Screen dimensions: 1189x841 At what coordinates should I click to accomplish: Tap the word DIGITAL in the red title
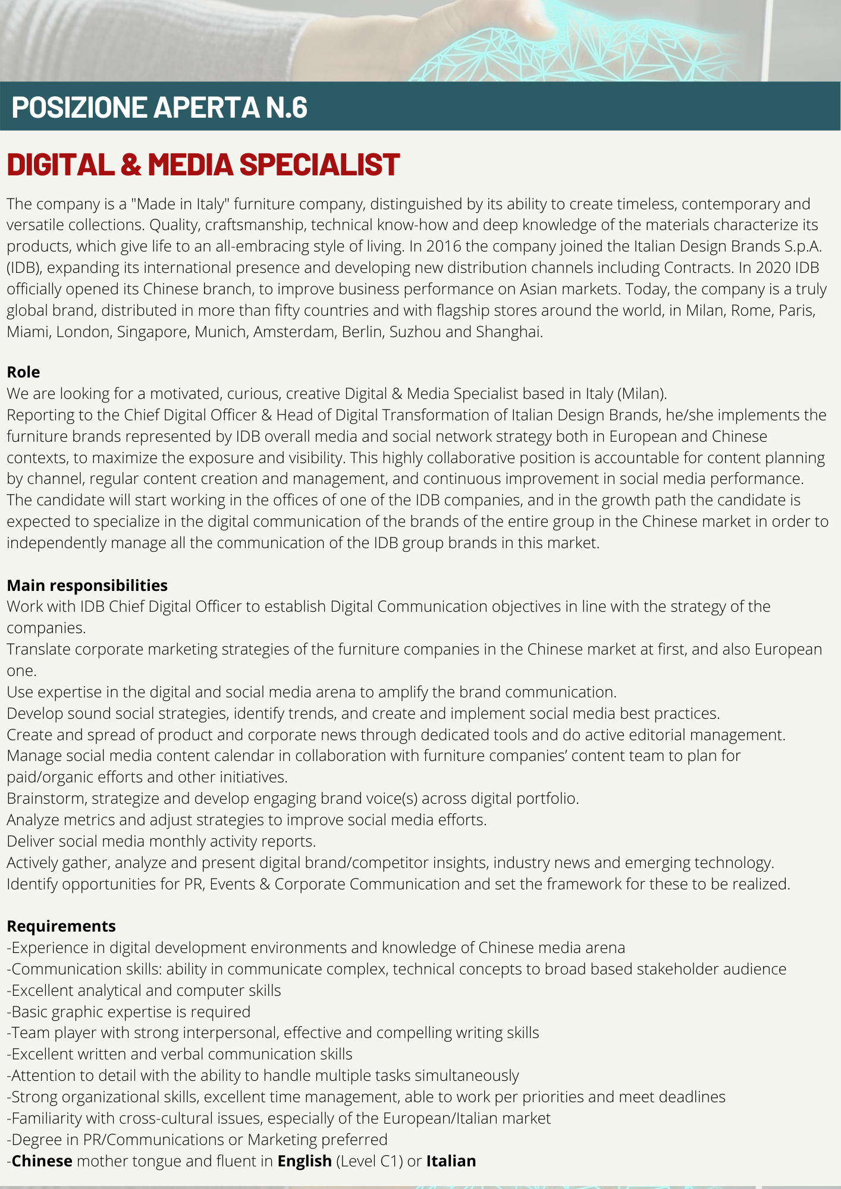(x=60, y=165)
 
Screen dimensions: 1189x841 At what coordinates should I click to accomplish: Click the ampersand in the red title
(x=131, y=165)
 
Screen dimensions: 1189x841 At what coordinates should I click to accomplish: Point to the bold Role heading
(x=23, y=372)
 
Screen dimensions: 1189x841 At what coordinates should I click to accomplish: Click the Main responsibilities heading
(x=87, y=586)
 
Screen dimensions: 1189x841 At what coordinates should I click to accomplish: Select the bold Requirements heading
(x=61, y=926)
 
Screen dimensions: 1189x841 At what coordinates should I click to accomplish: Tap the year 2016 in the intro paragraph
(x=444, y=247)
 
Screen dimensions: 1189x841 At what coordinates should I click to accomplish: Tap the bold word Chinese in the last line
(x=42, y=1161)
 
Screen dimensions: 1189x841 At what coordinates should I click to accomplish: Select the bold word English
(x=305, y=1161)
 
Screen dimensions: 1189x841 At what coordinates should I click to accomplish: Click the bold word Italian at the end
(x=451, y=1161)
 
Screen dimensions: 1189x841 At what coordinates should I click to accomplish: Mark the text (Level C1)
(x=369, y=1161)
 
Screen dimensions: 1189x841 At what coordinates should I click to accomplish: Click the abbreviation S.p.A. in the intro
(x=805, y=247)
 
